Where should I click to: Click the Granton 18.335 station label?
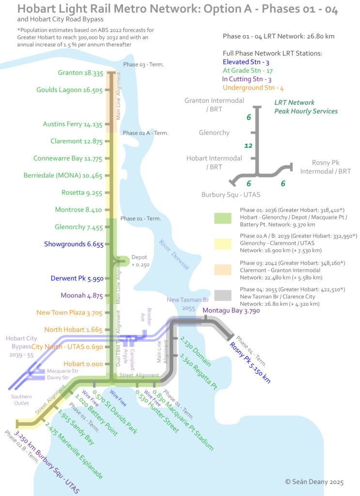(80, 73)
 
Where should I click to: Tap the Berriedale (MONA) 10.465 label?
(63, 175)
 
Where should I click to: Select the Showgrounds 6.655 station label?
(74, 244)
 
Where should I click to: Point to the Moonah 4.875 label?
(81, 295)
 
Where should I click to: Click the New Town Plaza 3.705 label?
(69, 313)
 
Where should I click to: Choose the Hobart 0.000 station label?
(83, 364)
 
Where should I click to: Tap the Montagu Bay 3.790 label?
(231, 310)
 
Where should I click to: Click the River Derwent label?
(174, 255)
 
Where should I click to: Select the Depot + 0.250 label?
(140, 261)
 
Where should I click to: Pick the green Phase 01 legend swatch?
(223, 218)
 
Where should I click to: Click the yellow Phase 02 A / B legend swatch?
(223, 244)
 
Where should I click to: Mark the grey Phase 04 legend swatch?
(223, 295)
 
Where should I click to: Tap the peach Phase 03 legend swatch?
(223, 269)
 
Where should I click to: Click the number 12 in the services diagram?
(249, 145)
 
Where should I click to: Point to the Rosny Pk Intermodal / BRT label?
(326, 167)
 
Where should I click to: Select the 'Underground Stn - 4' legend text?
(253, 88)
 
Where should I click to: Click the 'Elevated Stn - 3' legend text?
(246, 62)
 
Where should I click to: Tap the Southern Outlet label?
(21, 400)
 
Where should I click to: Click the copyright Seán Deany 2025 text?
(314, 482)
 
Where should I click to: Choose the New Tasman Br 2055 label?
(188, 304)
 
